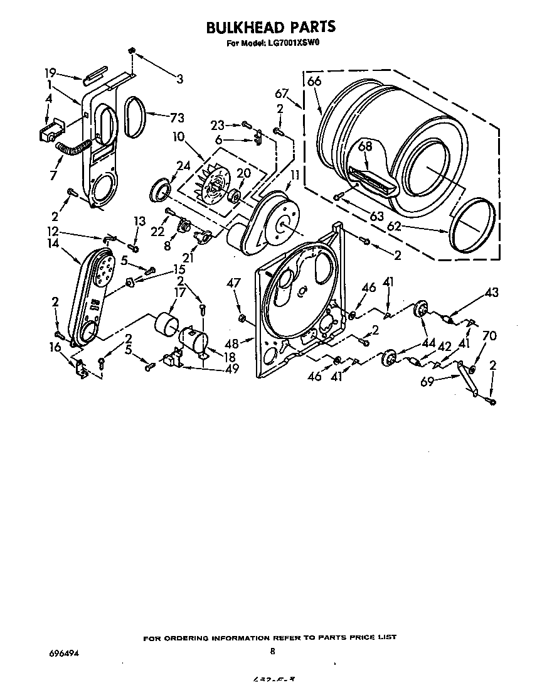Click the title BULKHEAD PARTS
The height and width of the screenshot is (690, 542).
271,27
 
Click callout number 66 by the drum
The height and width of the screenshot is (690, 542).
314,81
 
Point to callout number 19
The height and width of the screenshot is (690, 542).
51,72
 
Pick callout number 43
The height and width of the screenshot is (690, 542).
491,293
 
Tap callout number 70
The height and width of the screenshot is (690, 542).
489,337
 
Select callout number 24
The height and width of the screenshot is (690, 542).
183,166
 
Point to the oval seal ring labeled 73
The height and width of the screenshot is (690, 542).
134,117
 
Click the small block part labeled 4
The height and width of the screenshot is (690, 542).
46,132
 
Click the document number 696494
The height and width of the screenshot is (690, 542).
64,652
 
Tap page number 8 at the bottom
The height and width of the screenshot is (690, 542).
273,651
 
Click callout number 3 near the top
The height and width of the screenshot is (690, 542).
179,79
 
